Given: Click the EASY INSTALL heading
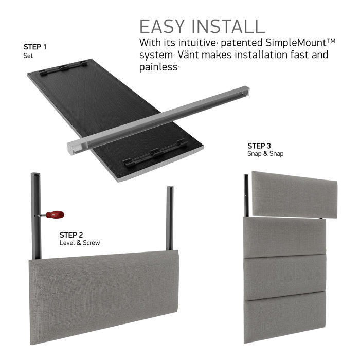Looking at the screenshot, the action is tap(202, 27).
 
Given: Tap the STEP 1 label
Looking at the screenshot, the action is tap(35, 47).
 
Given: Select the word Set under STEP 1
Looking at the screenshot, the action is tap(28, 56).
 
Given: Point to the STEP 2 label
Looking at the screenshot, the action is tap(71, 235).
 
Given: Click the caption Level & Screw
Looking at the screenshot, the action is tap(80, 243).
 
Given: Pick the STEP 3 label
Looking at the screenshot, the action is tap(259, 146).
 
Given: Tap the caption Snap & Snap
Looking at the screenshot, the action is tap(265, 153).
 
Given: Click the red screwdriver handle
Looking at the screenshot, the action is tap(55, 214).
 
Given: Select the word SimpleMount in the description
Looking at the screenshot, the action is tap(296, 43).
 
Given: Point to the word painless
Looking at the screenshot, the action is tap(158, 67).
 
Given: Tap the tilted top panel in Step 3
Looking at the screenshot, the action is tap(295, 194).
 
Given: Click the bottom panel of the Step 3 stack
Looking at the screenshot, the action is tap(285, 317).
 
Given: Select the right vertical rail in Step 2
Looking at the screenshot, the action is tap(170, 218).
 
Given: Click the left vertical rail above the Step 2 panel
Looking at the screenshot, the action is tap(36, 216).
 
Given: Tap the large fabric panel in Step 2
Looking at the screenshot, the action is tap(104, 297).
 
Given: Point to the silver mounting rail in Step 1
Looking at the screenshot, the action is tap(158, 120).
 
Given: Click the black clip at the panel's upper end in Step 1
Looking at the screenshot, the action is tap(63, 68).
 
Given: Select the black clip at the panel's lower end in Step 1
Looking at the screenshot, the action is tap(155, 154).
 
